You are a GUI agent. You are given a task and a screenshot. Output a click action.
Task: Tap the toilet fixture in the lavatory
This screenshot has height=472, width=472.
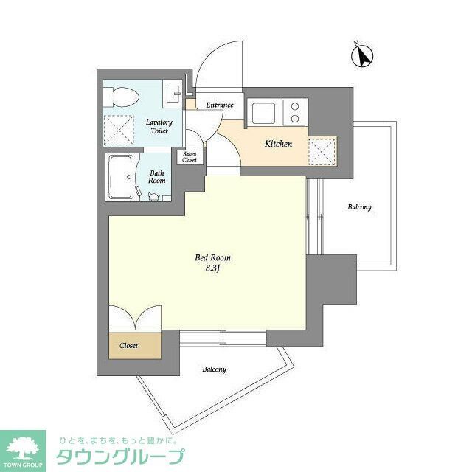tap(122, 96)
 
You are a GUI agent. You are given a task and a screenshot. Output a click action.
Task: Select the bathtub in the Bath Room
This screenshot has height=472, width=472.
tap(121, 178)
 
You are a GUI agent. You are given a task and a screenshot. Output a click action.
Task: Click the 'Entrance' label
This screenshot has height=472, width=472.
tap(220, 105)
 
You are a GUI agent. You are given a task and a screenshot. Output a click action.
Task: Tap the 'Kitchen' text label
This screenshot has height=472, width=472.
tap(279, 144)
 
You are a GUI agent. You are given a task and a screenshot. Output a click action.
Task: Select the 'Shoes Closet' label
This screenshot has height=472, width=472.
tap(190, 157)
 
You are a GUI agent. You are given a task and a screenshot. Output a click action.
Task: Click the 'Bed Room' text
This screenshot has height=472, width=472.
tap(213, 257)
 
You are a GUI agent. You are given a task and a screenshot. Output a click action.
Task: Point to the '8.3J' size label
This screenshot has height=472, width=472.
tap(213, 269)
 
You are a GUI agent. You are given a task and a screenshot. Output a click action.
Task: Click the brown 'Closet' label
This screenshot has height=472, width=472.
tap(129, 344)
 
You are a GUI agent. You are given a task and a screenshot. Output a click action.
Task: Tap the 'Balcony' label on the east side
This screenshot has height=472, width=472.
tap(360, 207)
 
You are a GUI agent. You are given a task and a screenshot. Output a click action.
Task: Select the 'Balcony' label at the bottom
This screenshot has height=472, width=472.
tap(214, 369)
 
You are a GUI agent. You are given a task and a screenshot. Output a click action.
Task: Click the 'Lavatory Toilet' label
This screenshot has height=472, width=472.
tap(159, 126)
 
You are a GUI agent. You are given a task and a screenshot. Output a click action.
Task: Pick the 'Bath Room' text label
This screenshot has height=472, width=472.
tap(156, 176)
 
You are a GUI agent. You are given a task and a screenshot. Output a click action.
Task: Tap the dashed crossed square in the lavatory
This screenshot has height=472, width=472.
tap(117, 129)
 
